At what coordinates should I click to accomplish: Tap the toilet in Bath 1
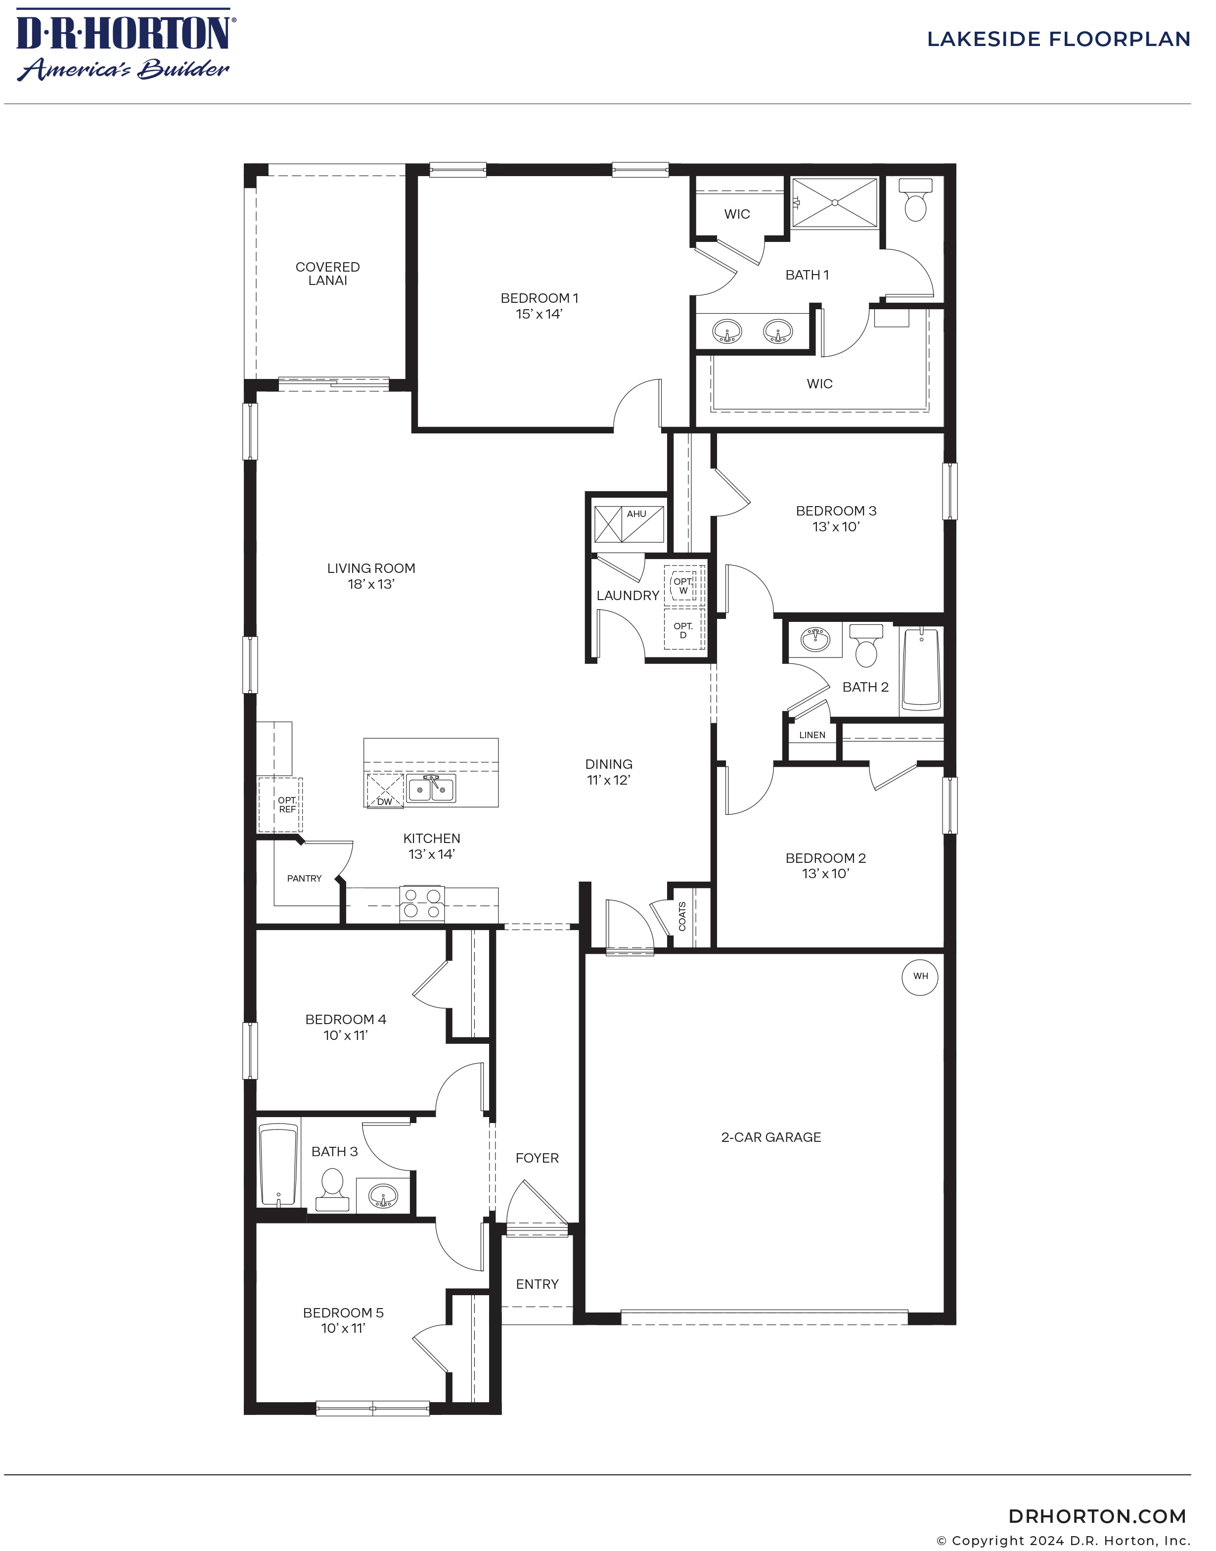914,201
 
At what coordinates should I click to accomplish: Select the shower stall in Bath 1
835,202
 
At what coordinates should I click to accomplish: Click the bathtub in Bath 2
921,669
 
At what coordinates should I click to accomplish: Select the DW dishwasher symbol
384,791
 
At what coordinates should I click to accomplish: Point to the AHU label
636,514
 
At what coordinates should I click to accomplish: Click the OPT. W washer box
683,585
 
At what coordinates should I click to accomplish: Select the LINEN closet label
812,735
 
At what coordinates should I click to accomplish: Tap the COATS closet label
682,916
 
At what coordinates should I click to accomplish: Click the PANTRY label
304,878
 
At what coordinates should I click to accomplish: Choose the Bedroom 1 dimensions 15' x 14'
539,314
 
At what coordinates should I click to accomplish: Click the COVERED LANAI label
327,274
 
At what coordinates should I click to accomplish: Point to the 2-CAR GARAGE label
771,1137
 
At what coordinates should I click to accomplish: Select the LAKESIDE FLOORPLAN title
1058,39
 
